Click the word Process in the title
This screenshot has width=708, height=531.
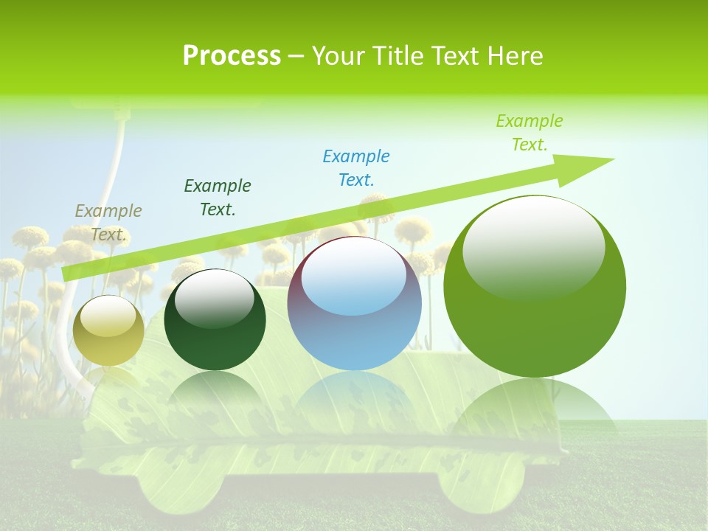coord(232,56)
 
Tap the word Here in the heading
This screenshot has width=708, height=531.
coord(516,56)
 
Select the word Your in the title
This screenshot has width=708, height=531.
coord(339,56)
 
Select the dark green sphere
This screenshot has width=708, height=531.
coord(215,320)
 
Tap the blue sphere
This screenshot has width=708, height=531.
coord(354,304)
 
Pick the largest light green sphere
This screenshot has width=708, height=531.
coord(535,286)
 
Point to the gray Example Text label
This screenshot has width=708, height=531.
coord(108,222)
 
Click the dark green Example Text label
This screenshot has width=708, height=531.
coord(218,197)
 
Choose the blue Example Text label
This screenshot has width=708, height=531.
coord(356,167)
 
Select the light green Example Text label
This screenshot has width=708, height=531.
coord(530,133)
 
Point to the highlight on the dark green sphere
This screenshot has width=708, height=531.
coord(215,299)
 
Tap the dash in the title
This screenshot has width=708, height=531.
coord(296,57)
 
